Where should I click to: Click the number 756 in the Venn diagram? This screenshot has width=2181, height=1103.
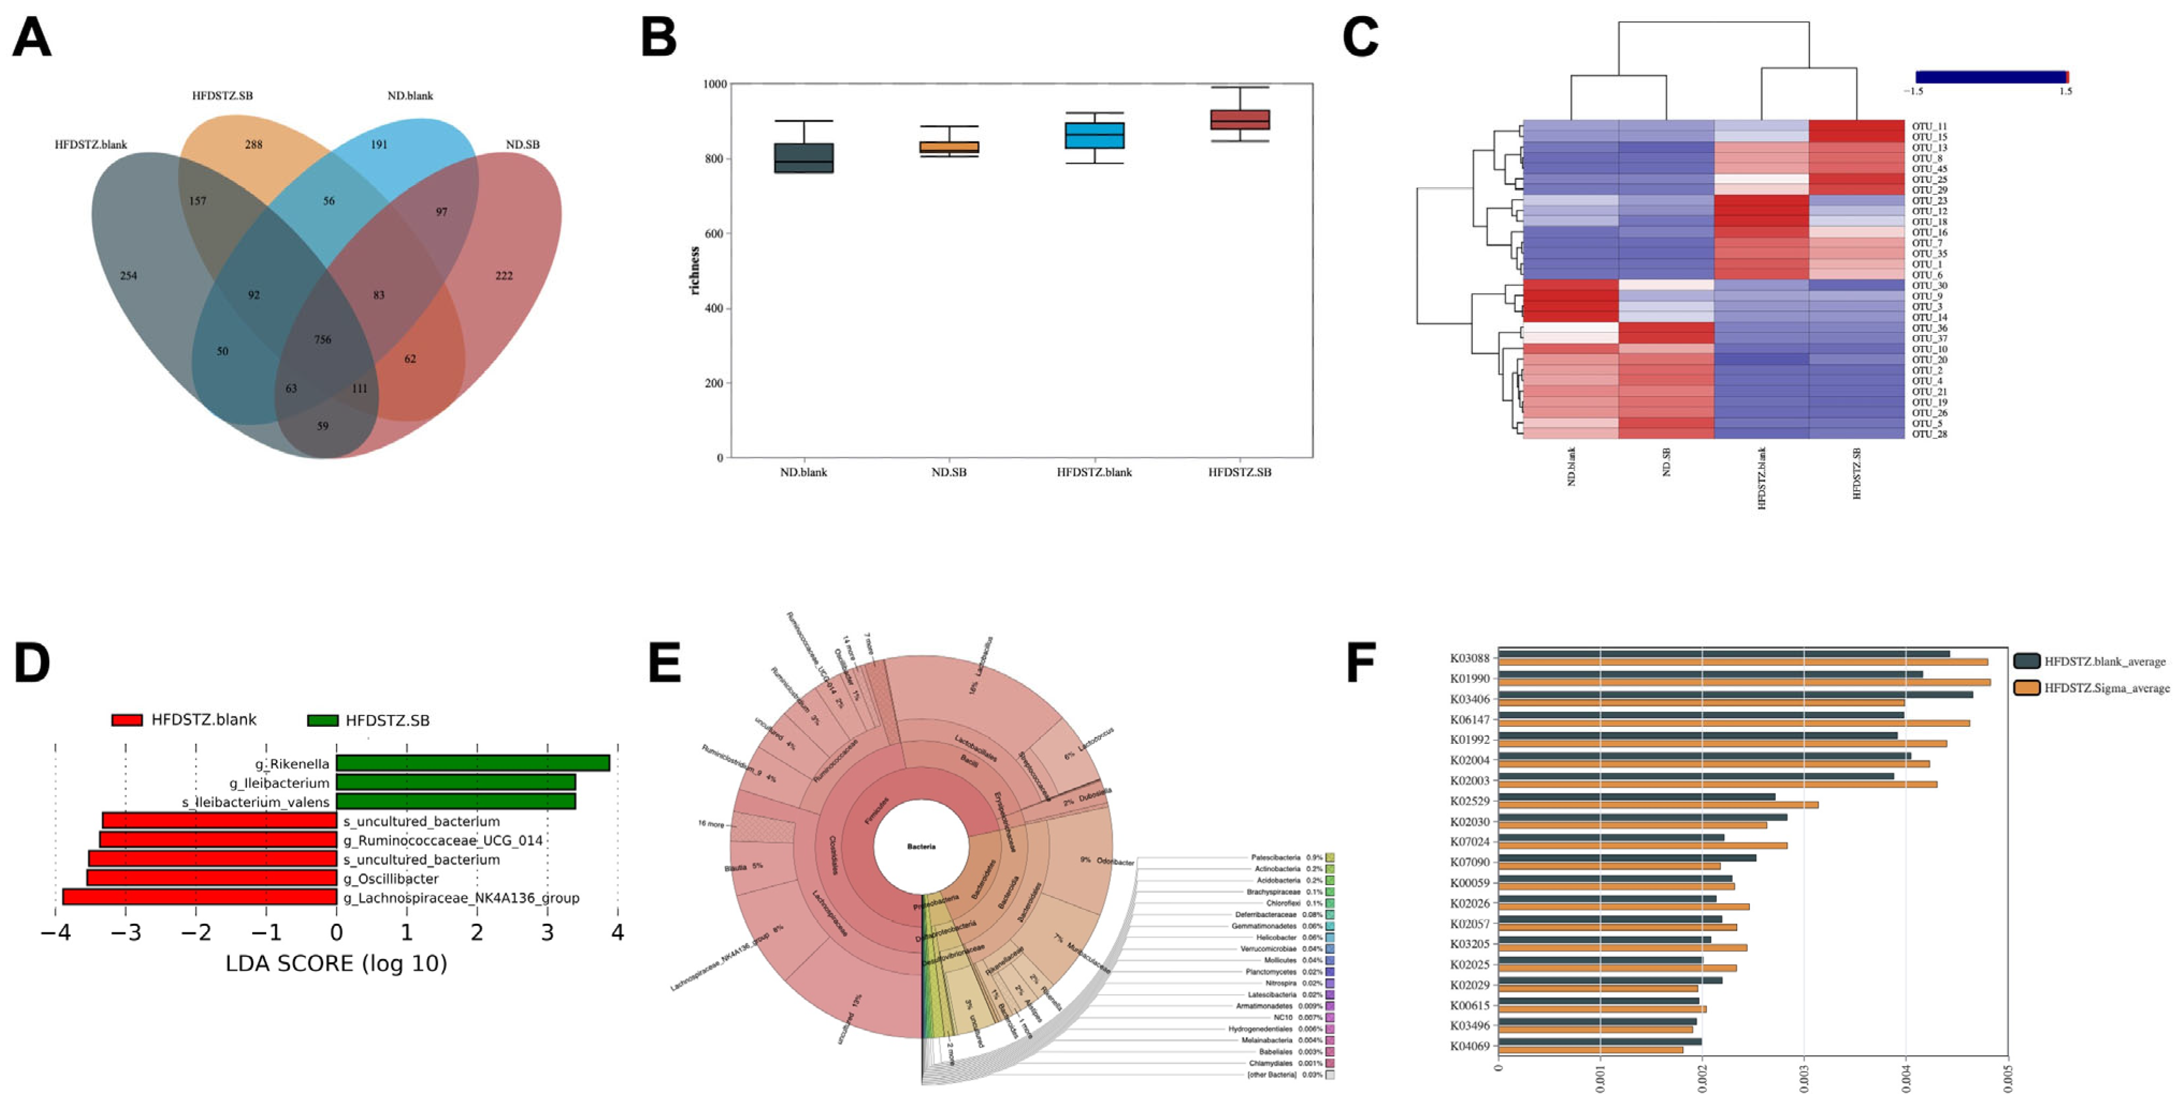323,339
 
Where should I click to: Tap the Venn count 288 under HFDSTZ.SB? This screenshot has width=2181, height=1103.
253,145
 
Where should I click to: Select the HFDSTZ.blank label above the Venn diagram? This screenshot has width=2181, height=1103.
91,145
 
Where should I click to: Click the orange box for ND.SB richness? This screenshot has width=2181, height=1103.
949,147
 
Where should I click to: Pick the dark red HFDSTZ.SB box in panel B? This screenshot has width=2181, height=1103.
1239,119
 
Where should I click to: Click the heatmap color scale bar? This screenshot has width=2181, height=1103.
1990,77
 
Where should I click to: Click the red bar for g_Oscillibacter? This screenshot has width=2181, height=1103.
211,878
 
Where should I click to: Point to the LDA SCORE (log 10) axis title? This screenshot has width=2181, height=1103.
336,963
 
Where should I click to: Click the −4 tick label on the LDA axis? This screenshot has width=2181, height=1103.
56,933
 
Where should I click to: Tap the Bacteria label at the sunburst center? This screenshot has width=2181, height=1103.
921,846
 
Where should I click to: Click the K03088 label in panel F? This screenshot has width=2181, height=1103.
1469,658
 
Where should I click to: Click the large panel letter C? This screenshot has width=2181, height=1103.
1361,38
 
